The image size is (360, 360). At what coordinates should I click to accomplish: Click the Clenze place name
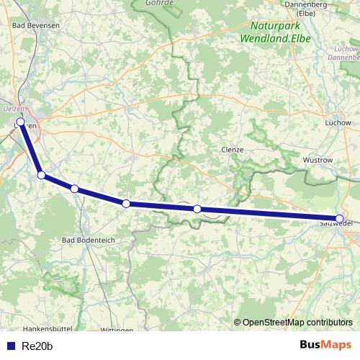coord(233,150)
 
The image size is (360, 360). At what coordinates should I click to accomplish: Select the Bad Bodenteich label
coord(89,240)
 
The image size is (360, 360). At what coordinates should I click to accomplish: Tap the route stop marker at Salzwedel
coord(340,218)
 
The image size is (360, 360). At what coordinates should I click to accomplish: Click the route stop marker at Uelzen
coord(21,122)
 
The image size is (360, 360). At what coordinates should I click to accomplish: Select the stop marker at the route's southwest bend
coord(41,175)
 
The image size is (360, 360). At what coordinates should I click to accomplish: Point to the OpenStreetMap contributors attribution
coord(297,323)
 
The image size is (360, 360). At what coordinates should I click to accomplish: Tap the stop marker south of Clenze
coord(197,209)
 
